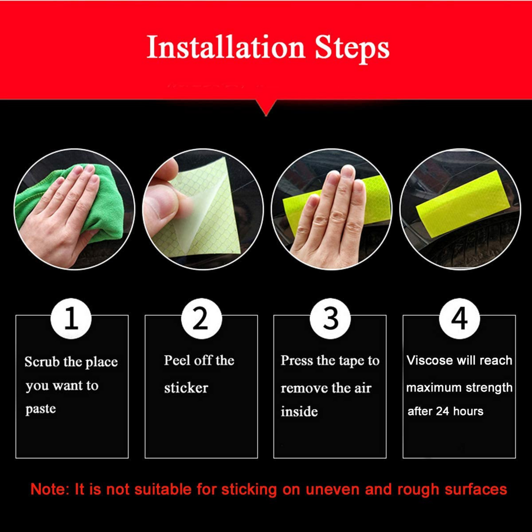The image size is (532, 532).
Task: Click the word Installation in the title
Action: click(x=225, y=47)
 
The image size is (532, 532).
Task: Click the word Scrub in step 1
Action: click(x=42, y=362)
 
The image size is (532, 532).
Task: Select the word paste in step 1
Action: click(x=40, y=409)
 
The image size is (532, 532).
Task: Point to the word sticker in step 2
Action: click(x=186, y=388)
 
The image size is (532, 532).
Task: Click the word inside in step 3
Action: click(x=299, y=411)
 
